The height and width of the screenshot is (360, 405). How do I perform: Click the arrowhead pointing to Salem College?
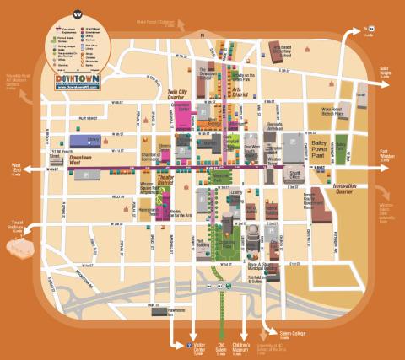click(x=269, y=330)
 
